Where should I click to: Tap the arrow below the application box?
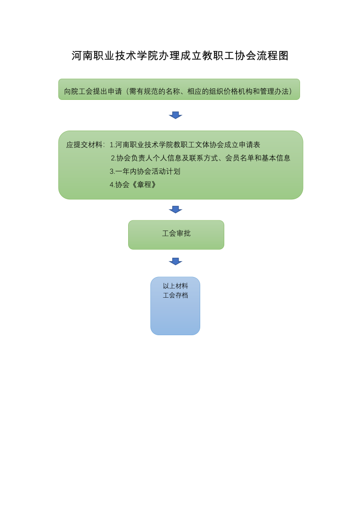click(x=176, y=115)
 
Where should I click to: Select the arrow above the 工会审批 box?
click(x=176, y=209)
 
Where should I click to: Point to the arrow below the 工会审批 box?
click(x=176, y=261)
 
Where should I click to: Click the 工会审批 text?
click(x=176, y=233)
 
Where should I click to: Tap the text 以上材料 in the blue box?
click(x=175, y=286)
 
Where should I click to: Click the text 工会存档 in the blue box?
click(x=175, y=295)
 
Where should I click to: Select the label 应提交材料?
click(x=85, y=145)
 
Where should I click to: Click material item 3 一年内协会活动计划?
click(x=145, y=171)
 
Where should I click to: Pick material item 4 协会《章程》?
click(x=133, y=184)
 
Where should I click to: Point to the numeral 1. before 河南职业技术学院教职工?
click(x=112, y=145)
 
